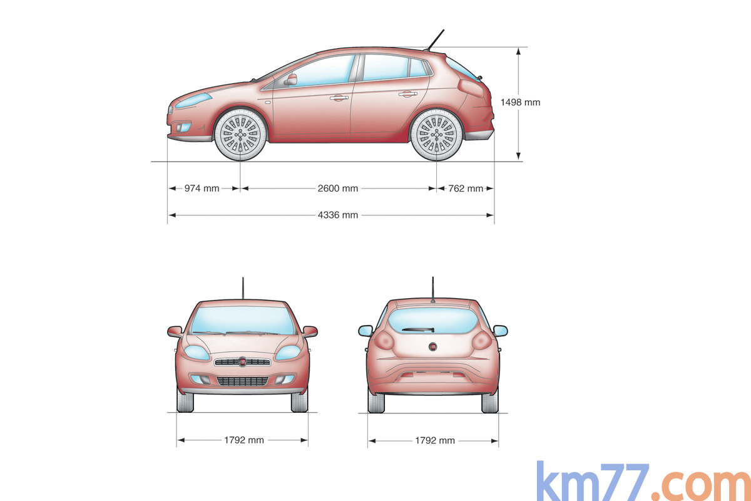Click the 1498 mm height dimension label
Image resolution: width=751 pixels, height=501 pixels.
click(x=520, y=102)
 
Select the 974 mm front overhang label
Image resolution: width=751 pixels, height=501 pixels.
click(x=202, y=188)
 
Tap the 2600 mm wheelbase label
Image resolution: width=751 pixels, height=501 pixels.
click(x=338, y=188)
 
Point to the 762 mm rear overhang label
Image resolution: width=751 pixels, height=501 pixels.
click(x=466, y=188)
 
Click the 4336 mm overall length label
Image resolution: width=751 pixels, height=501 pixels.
click(x=338, y=215)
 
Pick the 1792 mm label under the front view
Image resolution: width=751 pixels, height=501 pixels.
click(x=244, y=440)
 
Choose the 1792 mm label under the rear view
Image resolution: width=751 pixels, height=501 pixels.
click(x=435, y=440)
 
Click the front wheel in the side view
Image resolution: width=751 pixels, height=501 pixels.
click(x=240, y=135)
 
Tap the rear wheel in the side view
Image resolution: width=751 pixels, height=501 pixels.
click(x=436, y=135)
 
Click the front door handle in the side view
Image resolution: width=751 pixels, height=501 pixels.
click(x=339, y=98)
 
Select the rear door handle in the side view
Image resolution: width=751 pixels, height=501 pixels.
click(x=407, y=95)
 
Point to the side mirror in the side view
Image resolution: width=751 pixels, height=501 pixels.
click(x=290, y=80)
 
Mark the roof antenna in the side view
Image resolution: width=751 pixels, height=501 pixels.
click(x=435, y=39)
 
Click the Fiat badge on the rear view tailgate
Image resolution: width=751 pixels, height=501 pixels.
click(x=432, y=347)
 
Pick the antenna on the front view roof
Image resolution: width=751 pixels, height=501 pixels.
click(x=243, y=288)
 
